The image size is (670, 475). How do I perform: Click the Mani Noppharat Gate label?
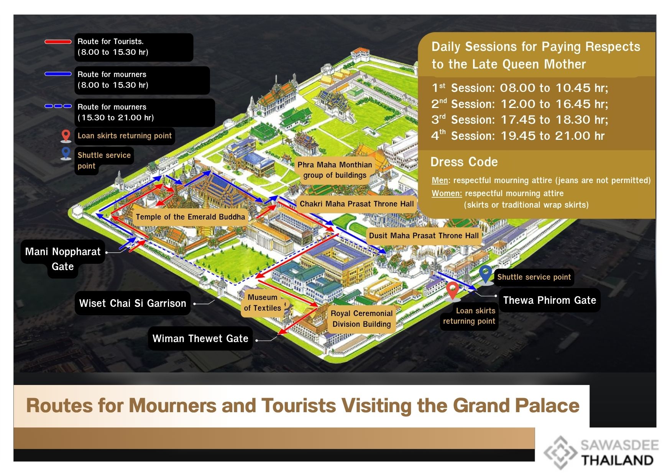(63, 258)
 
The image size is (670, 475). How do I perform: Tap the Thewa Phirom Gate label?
(549, 300)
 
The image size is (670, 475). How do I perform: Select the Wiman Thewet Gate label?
(200, 339)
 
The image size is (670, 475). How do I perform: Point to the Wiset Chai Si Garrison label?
(132, 303)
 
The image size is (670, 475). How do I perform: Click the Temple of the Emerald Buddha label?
(190, 217)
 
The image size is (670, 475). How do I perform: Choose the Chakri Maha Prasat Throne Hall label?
(356, 204)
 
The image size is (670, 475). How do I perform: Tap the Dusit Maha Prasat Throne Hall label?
(424, 236)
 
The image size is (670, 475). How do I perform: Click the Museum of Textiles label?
(263, 303)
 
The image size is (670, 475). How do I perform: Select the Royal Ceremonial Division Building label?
(361, 319)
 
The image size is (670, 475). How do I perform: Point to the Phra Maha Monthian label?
(335, 170)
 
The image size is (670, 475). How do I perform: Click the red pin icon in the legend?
(66, 136)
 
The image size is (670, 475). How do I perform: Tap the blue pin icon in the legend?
(66, 153)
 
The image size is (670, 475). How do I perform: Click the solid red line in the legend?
(58, 42)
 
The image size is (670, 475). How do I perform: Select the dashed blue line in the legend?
(58, 106)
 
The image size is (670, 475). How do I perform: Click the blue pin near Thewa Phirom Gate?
(486, 274)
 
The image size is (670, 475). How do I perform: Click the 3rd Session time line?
(519, 120)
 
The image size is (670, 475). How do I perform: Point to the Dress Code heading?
(464, 162)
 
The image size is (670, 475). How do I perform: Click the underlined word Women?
(447, 193)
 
